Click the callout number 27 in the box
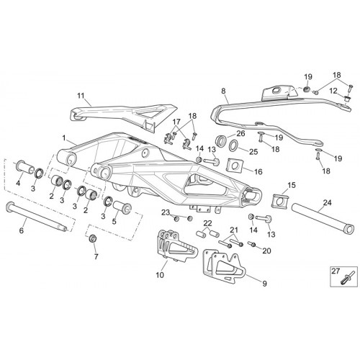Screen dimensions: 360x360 pyautogui.click(x=336, y=271)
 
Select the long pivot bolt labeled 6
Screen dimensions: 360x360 pyautogui.click(x=37, y=217)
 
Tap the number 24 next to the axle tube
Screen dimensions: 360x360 pyautogui.click(x=327, y=203)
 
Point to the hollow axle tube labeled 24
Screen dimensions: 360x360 pyautogui.click(x=323, y=218)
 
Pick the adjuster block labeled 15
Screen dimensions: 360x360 pyautogui.click(x=280, y=200)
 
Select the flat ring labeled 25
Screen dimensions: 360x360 pyautogui.click(x=233, y=146)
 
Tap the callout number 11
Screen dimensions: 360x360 pyautogui.click(x=81, y=96)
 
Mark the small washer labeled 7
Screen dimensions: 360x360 pyautogui.click(x=93, y=238)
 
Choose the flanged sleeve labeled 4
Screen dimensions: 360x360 pyautogui.click(x=25, y=167)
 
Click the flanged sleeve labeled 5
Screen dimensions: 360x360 pyautogui.click(x=122, y=208)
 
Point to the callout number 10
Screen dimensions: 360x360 pyautogui.click(x=160, y=275)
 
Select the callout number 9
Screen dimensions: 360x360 pyautogui.click(x=264, y=284)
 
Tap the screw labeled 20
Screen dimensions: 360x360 pyautogui.click(x=252, y=244)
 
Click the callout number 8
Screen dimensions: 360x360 pyautogui.click(x=223, y=91)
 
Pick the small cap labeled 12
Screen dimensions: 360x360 pyautogui.click(x=346, y=99)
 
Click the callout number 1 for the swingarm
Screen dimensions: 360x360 pyautogui.click(x=64, y=138)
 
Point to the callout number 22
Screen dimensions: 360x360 pyautogui.click(x=208, y=223)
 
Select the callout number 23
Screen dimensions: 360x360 pyautogui.click(x=166, y=212)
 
